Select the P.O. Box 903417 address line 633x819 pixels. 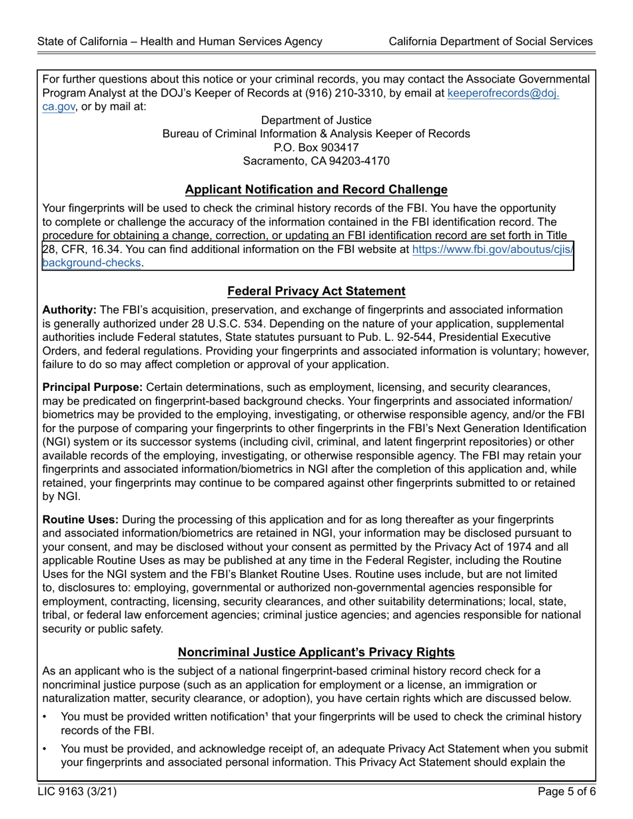[x=316, y=147]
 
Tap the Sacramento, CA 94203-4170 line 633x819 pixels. [x=316, y=161]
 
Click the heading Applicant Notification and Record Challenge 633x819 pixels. [x=316, y=190]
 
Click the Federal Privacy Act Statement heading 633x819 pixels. [x=316, y=291]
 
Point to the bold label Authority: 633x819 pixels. [x=69, y=310]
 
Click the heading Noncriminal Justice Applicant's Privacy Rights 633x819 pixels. [x=316, y=652]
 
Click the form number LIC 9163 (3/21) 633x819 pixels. [x=73, y=792]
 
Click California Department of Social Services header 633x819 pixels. [x=490, y=41]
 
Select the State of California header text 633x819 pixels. [x=180, y=41]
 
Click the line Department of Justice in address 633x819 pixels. [x=316, y=120]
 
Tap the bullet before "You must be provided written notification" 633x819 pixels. [x=45, y=717]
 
